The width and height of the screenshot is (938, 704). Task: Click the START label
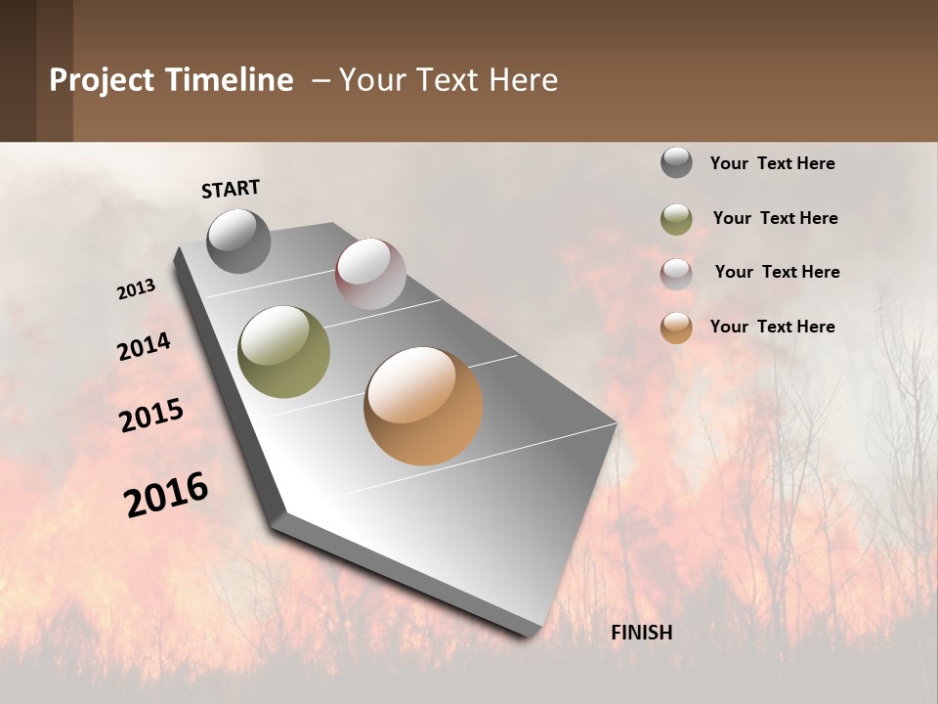231,189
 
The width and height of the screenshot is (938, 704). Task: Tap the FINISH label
641,633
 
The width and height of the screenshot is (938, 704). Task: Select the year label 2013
136,289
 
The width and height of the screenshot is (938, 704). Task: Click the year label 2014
144,347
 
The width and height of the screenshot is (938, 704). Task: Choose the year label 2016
166,495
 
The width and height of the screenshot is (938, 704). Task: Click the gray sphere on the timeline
238,241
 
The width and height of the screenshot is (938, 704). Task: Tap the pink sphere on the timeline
370,273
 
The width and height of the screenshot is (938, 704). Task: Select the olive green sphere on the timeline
283,351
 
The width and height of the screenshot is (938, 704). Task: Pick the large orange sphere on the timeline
423,406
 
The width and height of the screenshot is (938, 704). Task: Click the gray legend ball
676,162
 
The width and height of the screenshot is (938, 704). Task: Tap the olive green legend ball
676,219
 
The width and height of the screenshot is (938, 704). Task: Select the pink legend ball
676,273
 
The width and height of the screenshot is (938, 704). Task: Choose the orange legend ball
676,328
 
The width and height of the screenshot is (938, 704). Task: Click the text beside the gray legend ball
772,163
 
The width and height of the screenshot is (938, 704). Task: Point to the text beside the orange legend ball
772,327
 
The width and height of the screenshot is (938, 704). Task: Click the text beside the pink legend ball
777,272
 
